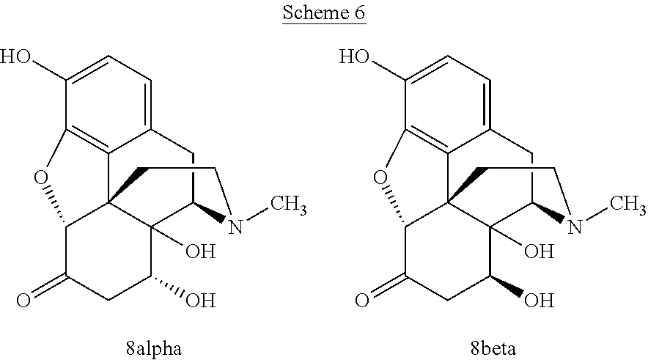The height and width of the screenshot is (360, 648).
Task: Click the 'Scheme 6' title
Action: coord(324,12)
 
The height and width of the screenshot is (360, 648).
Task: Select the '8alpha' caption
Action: coord(154,348)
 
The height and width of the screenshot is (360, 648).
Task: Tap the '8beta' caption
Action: coord(493,348)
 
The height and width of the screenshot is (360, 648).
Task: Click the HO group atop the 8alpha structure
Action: coord(15,56)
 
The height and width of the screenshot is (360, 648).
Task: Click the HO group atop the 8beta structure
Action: coord(354,56)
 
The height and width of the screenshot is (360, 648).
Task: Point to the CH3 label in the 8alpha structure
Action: coord(289,205)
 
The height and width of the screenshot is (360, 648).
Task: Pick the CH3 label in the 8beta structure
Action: coord(627,205)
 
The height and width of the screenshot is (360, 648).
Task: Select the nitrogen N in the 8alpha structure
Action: coord(235,227)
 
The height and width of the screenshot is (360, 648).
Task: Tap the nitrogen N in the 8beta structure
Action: coord(575,227)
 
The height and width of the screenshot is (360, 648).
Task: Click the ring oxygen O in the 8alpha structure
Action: coord(41,178)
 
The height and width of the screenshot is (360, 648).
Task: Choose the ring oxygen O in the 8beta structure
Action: coord(380,178)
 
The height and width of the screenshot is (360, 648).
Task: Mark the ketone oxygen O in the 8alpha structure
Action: coord(23,300)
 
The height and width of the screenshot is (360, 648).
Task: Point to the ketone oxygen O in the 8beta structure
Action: coord(362,300)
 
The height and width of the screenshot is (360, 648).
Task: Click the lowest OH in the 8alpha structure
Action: coord(201,300)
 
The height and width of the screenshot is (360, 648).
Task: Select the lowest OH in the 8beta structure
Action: coord(540,300)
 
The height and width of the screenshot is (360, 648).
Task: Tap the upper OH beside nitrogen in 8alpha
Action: coord(201,251)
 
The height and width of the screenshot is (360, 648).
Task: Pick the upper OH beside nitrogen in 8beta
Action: coord(540,251)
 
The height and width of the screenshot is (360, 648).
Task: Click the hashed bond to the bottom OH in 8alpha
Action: coord(166,286)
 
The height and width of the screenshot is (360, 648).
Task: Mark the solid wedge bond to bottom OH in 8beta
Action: coord(506,286)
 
